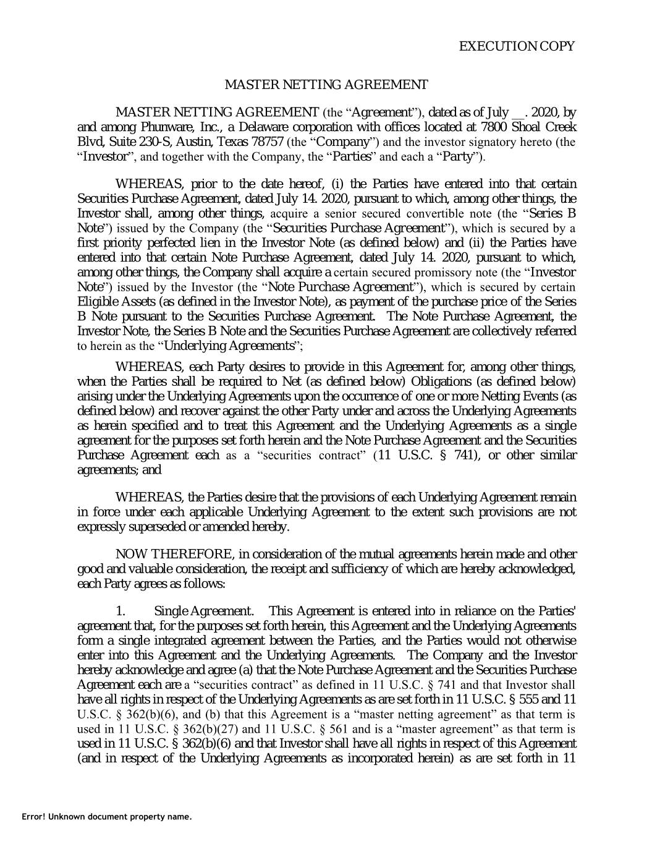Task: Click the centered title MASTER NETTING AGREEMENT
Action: (326, 84)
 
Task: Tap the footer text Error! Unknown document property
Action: (106, 817)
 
